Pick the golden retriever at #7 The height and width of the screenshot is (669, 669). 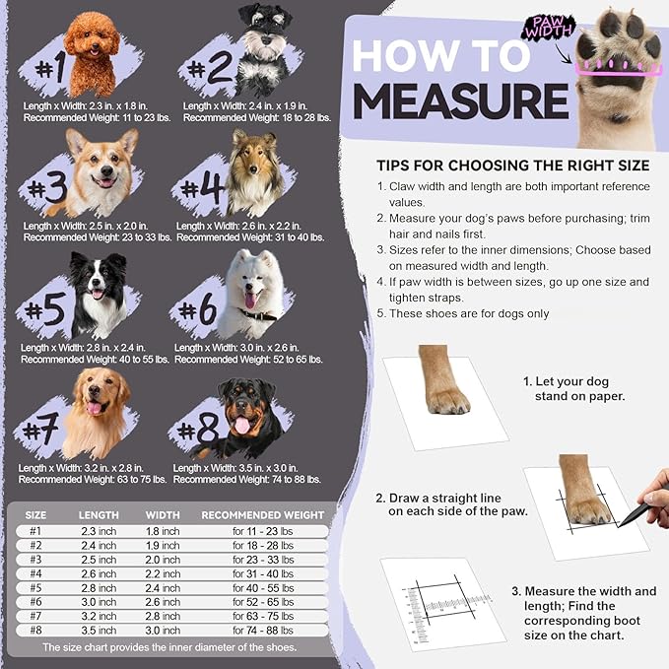[x=96, y=409]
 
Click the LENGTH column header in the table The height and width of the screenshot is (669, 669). [x=99, y=514]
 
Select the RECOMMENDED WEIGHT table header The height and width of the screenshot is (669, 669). [x=262, y=514]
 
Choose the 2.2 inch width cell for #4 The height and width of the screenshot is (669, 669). [x=163, y=573]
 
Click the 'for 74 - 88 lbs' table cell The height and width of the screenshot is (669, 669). [x=262, y=630]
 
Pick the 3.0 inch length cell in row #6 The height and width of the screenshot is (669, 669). [x=99, y=602]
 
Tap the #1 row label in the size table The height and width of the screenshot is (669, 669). [x=35, y=531]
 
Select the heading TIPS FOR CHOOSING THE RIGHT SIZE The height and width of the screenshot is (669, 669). [x=512, y=164]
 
